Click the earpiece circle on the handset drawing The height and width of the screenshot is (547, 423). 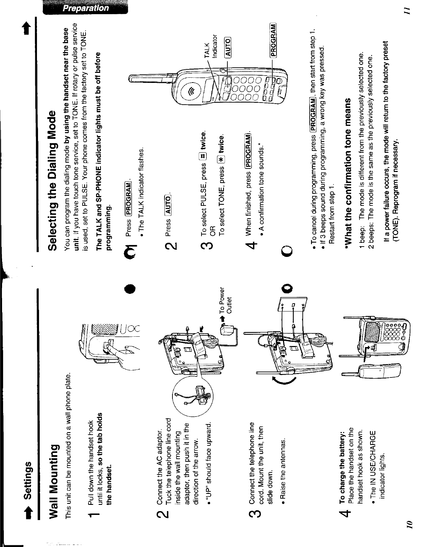(191, 91)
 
